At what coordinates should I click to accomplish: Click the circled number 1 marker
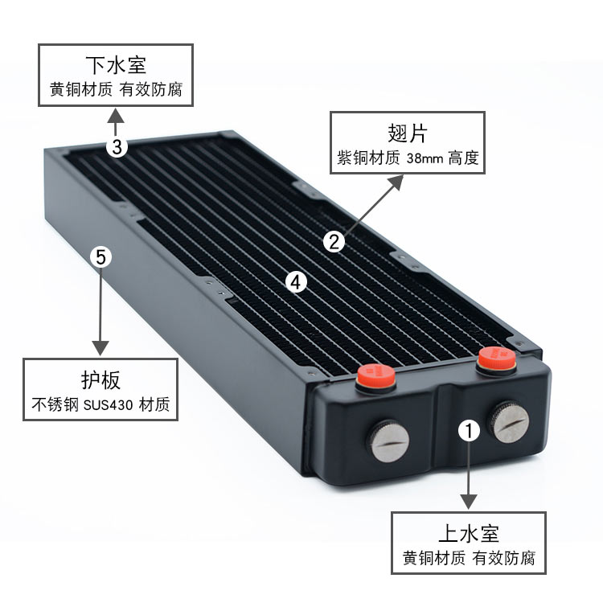469,431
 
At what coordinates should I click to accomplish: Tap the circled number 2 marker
334,242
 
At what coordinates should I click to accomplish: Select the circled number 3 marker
117,147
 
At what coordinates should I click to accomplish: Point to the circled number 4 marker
296,281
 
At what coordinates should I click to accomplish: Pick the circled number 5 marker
100,257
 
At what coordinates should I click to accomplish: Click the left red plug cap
375,376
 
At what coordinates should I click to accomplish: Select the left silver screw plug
388,441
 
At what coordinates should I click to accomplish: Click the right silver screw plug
509,422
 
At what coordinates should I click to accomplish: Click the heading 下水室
116,65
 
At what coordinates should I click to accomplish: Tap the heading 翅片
408,133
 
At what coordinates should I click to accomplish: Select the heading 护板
100,380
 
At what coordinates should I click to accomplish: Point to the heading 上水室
469,534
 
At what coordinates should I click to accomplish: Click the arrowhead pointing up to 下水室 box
116,116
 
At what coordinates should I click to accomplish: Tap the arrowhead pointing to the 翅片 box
396,182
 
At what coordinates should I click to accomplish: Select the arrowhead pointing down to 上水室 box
469,502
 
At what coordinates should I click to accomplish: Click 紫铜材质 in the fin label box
368,158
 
